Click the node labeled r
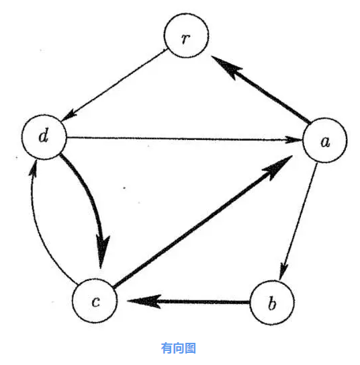click(186, 36)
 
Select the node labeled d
click(44, 137)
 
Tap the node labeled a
click(324, 140)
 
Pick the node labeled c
click(95, 300)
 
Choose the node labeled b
click(272, 302)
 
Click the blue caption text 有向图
click(179, 348)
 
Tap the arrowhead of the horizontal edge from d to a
click(294, 140)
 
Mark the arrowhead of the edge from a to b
click(283, 272)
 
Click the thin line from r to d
click(114, 85)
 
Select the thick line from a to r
click(261, 89)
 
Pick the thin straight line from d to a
click(185, 138)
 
